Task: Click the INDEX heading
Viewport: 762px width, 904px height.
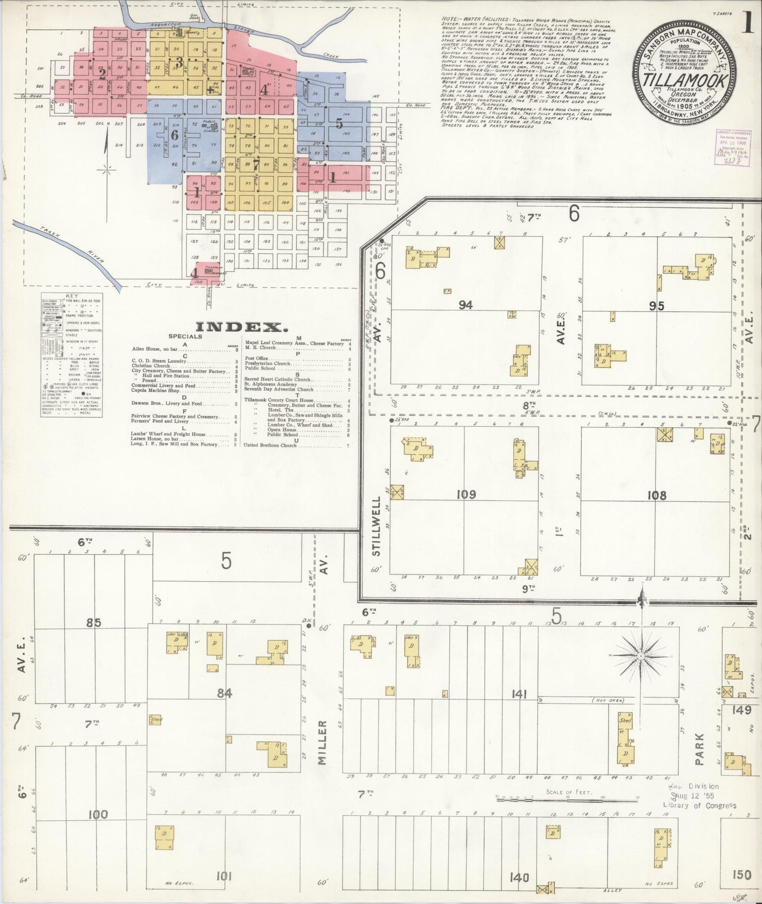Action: click(239, 327)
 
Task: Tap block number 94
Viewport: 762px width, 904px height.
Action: click(466, 305)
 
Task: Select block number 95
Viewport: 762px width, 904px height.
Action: click(657, 305)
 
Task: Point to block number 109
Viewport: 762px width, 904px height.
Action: click(466, 494)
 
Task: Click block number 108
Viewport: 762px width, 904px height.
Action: click(657, 495)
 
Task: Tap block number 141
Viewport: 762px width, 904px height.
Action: click(519, 694)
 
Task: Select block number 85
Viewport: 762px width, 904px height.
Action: click(94, 622)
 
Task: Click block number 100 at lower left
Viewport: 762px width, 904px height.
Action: click(98, 814)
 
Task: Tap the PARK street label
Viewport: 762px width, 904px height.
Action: click(700, 748)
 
